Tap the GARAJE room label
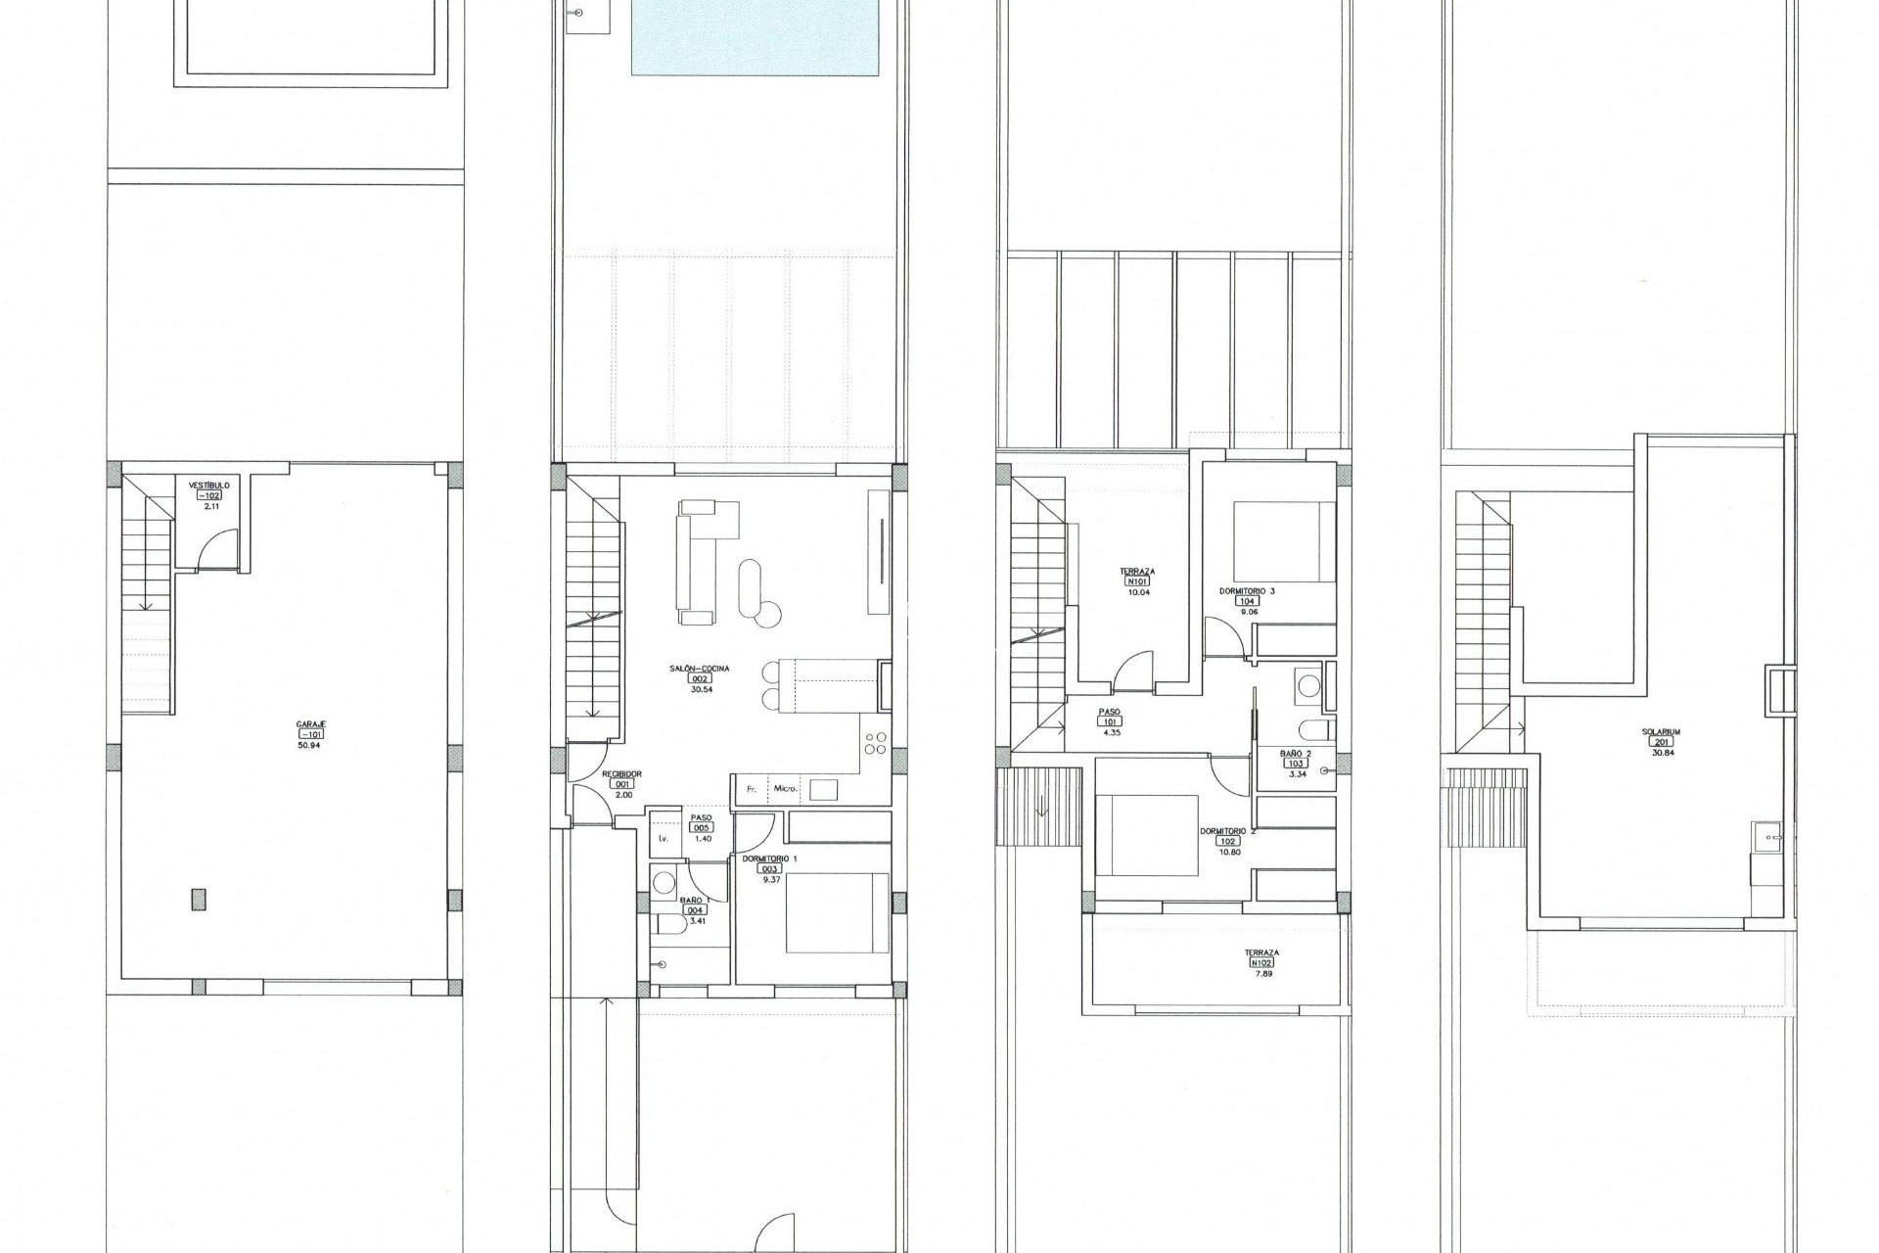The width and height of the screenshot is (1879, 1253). coord(310,723)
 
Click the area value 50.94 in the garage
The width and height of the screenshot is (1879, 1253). coord(309,745)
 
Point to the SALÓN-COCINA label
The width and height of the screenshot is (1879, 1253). coord(700,669)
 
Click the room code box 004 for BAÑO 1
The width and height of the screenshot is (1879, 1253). coord(696,909)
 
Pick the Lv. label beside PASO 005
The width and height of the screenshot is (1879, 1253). coord(663,839)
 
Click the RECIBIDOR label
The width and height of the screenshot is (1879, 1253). coord(621,773)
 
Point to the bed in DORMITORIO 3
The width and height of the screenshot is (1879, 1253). coord(1284,541)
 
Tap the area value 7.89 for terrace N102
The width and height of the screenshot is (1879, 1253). coord(1261,974)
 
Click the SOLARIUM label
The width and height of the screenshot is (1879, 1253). coord(1662,731)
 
